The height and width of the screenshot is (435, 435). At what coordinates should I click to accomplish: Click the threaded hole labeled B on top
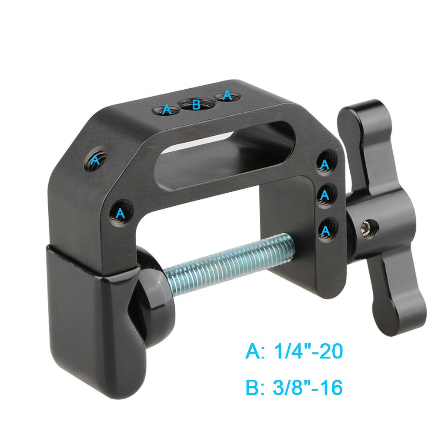(196, 104)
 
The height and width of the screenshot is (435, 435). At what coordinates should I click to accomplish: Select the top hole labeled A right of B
(227, 96)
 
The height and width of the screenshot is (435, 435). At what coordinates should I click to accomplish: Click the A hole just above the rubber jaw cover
(120, 213)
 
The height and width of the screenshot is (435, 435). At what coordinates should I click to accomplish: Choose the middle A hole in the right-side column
(325, 196)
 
